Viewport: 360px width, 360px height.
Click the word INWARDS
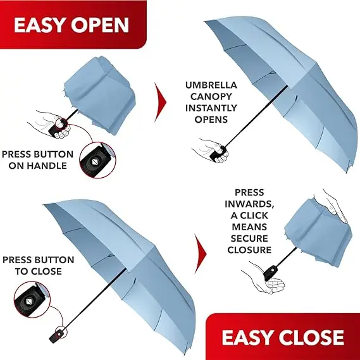(x=249, y=204)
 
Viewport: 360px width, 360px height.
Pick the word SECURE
(x=249, y=239)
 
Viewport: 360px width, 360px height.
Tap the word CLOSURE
(x=249, y=250)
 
